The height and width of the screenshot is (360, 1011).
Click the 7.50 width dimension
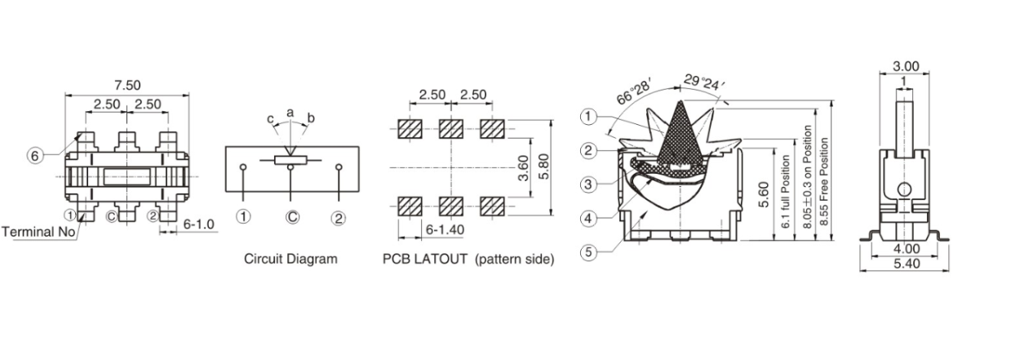tap(126, 85)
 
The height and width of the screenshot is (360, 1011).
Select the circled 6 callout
tap(36, 156)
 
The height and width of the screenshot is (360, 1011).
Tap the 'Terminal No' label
tap(38, 232)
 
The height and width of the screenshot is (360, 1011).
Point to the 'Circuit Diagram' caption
tap(290, 260)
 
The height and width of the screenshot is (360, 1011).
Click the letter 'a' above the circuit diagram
tap(290, 112)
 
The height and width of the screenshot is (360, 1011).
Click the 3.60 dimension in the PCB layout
tap(523, 168)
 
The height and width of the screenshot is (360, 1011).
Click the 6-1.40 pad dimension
tap(445, 230)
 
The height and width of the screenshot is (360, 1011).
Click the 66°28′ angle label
tap(635, 92)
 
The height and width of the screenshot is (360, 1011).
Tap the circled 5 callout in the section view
tap(588, 251)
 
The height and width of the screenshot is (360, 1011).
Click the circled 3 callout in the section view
tap(588, 184)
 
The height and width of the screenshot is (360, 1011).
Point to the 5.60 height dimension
tap(764, 193)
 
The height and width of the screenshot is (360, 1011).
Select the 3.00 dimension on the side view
tap(906, 66)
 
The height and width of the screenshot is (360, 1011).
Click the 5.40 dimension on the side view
tap(906, 264)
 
